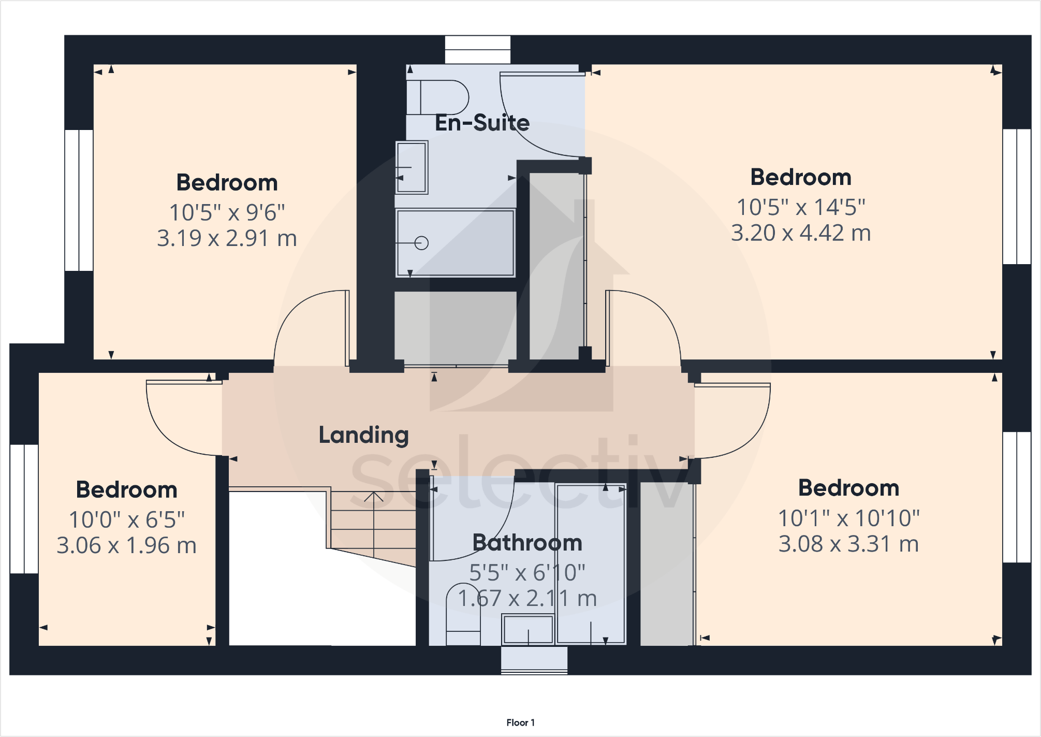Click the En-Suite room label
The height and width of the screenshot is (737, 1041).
tap(482, 123)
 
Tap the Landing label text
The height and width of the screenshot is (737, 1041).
tap(363, 435)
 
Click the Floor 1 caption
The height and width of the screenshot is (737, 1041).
tap(520, 722)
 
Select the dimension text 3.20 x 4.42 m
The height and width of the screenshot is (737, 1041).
tap(800, 233)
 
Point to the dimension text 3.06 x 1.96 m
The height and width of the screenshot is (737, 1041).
tap(126, 545)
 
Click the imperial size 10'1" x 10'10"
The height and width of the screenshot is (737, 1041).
tap(848, 518)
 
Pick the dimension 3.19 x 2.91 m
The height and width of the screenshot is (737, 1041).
tap(227, 238)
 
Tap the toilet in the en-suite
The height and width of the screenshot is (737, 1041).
tap(439, 97)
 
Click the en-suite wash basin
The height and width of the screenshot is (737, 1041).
tap(412, 167)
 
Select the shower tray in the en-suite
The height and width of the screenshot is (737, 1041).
tap(455, 243)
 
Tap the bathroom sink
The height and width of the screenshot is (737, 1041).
tap(528, 629)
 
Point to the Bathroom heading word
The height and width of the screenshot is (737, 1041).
tap(527, 543)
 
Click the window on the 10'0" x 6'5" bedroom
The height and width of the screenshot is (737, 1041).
tap(24, 509)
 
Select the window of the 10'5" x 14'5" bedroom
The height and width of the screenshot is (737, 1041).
tap(1017, 196)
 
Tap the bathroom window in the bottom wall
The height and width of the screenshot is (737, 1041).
tap(534, 661)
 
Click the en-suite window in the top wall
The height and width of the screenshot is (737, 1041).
tap(477, 50)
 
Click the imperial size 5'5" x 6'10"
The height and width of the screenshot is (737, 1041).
tap(527, 573)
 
